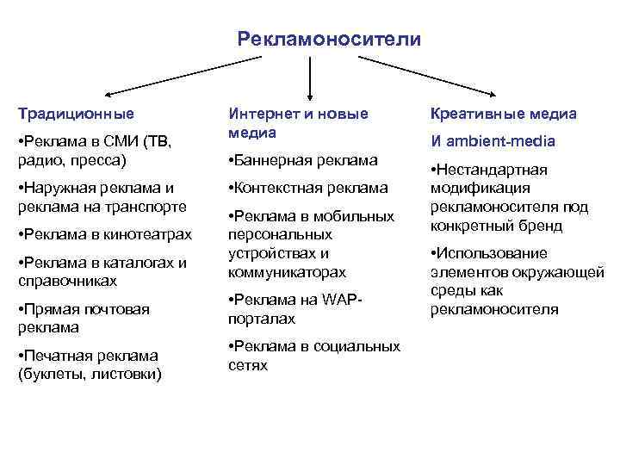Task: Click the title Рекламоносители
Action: coord(329,39)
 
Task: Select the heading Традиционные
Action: coord(76,113)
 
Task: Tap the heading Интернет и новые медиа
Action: coord(297,122)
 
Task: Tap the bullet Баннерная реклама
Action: coord(302,160)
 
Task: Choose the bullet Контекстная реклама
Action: coord(307,188)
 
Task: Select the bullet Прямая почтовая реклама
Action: coord(83,318)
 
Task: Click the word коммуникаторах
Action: coord(287,272)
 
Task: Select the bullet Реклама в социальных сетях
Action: coord(313,356)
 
